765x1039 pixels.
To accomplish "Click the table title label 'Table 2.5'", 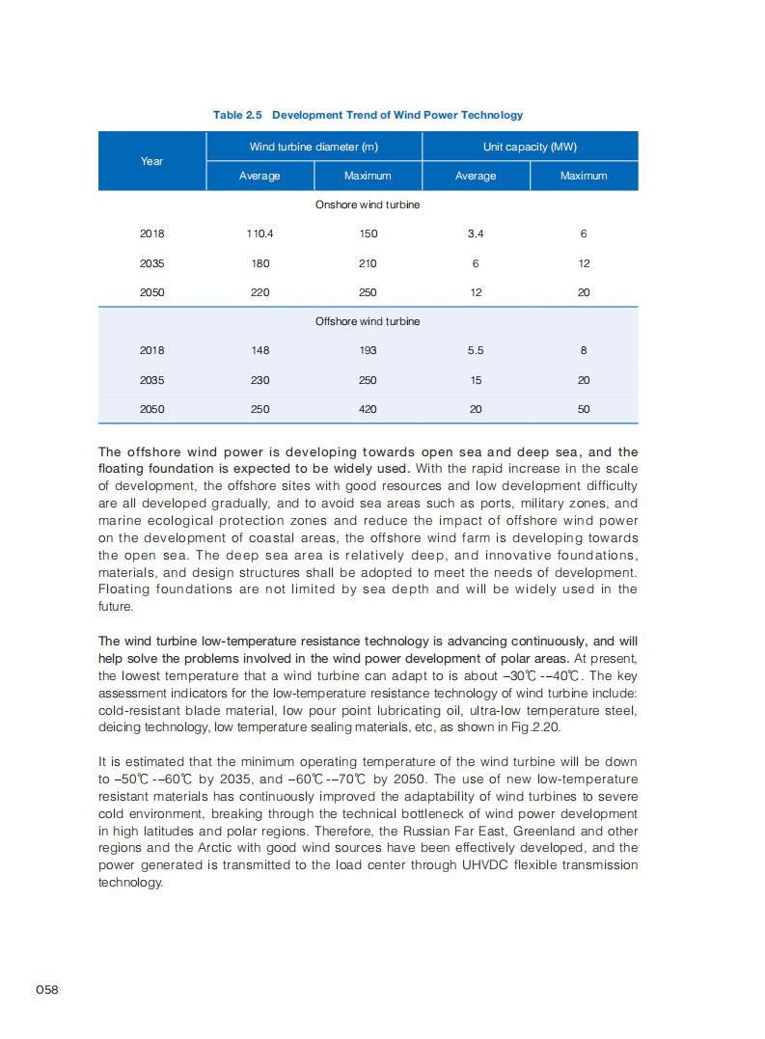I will click(x=238, y=115).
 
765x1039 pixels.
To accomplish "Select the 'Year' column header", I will click(x=151, y=161).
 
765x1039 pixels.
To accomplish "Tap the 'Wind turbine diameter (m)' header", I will click(x=314, y=147).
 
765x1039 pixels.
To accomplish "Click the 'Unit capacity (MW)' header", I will click(x=530, y=147).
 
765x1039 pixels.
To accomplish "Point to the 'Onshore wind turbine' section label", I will click(x=368, y=205).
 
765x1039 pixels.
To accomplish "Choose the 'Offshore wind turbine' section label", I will click(x=368, y=321).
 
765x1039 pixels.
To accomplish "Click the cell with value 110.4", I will click(x=260, y=233).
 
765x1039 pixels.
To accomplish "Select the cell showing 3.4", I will click(x=476, y=233).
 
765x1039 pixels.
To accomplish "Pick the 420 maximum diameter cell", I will click(x=368, y=409).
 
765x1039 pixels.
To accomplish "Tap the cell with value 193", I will click(x=368, y=350).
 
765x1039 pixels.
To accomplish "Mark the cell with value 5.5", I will click(x=476, y=350).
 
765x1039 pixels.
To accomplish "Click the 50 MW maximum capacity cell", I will click(x=584, y=409).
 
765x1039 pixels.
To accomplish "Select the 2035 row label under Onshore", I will click(x=151, y=263).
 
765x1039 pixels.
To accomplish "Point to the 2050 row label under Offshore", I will click(x=151, y=409).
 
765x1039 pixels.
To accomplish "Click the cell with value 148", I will click(x=260, y=350).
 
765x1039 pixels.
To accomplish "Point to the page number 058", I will click(x=47, y=990).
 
